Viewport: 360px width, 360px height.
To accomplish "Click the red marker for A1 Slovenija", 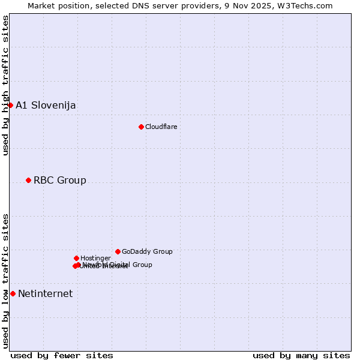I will (10, 105).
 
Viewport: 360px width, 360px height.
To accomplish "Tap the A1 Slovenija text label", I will (46, 106).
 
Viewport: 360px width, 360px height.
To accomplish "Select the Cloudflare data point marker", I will (141, 127).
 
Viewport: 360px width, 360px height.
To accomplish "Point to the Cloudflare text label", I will (161, 127).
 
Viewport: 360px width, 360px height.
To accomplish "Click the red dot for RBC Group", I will (28, 180).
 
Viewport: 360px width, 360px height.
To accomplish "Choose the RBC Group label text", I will (59, 181).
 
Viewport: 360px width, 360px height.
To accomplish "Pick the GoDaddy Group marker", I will (118, 251).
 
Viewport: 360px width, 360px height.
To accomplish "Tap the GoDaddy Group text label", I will (147, 251).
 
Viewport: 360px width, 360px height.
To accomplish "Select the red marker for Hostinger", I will (76, 258).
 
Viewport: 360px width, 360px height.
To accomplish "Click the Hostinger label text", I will (95, 258).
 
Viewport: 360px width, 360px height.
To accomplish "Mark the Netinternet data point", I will (13, 293).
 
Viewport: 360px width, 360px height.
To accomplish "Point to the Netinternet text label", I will (45, 294).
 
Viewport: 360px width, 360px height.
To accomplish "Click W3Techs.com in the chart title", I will (309, 6).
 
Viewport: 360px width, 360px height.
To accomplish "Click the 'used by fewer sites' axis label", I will (62, 356).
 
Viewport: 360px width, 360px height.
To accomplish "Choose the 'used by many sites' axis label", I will (301, 356).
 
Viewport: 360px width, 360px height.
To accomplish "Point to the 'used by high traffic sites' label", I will (6, 85).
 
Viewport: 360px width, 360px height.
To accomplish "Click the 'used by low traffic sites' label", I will (6, 280).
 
